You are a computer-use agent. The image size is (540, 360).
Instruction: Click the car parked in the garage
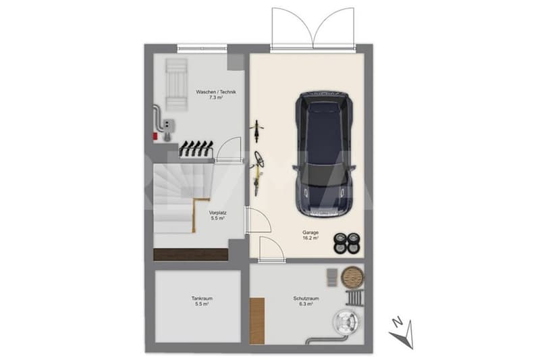(x=324, y=155)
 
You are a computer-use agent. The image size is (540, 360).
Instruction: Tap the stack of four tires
(x=347, y=243)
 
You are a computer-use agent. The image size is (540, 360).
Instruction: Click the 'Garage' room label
(x=310, y=232)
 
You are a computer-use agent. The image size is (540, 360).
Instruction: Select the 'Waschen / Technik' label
(x=216, y=92)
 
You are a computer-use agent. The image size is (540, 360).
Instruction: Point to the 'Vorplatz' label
(x=217, y=213)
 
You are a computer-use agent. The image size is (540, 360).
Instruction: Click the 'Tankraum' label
(x=202, y=299)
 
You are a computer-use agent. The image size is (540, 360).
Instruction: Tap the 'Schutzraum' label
(x=306, y=299)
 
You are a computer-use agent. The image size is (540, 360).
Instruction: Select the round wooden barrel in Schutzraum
(x=352, y=278)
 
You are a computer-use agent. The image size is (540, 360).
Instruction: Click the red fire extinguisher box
(x=155, y=136)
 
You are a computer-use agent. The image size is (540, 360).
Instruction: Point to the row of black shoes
(x=196, y=149)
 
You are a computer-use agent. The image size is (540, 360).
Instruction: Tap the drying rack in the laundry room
(x=176, y=84)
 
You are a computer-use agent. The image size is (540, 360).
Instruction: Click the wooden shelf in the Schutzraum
(x=257, y=321)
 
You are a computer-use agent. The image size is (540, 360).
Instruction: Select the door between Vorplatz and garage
(x=258, y=220)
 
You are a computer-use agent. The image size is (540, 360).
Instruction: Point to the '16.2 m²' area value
(x=310, y=238)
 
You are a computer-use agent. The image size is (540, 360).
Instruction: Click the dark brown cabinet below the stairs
(x=190, y=254)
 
